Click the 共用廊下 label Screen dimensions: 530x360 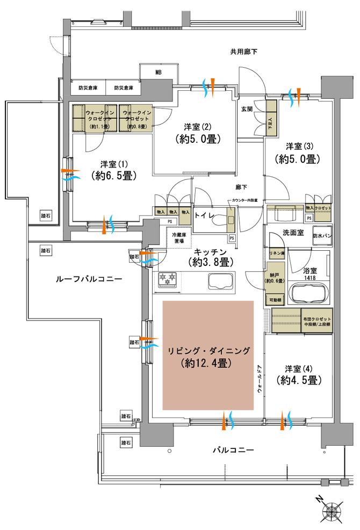tap(243, 52)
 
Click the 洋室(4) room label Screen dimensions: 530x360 tap(299, 369)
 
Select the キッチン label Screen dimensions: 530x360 tap(210, 251)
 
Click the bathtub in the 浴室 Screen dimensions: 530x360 tap(311, 294)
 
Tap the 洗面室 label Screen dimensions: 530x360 tap(278, 233)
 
